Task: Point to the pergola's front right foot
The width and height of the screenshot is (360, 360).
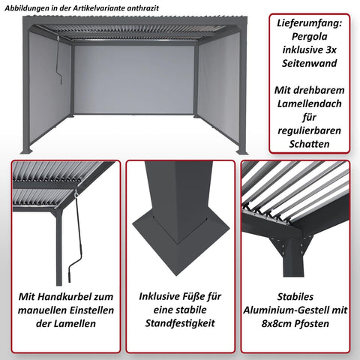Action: pyautogui.click(x=242, y=152)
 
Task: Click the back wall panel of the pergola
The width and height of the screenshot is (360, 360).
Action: pyautogui.click(x=134, y=79)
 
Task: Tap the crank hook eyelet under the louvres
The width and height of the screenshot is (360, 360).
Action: pyautogui.click(x=76, y=196)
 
